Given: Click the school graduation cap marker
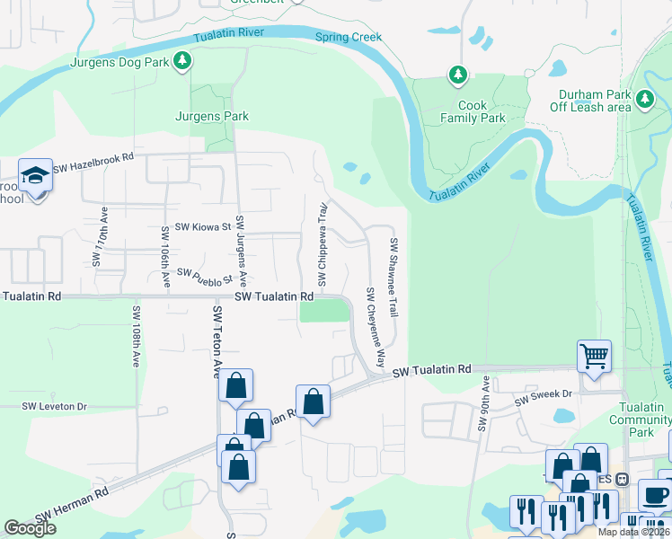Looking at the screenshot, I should point(35,174).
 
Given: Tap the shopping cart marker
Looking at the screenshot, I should point(594,357).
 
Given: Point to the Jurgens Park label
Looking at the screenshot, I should point(211,116).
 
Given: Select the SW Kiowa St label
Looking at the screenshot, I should point(202,227).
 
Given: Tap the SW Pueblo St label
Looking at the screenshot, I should point(205,272).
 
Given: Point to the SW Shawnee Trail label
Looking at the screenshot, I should point(393,275).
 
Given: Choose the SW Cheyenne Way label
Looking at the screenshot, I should point(375,328).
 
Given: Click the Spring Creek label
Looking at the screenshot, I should point(349,38).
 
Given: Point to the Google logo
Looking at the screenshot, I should point(31,528).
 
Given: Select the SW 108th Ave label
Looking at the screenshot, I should point(137,336).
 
